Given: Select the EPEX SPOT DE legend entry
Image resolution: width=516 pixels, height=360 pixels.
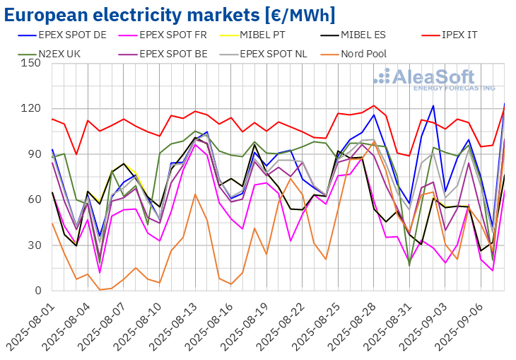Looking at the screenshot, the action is (62, 35).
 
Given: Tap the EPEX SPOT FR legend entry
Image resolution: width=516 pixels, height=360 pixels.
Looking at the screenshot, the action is (163, 35).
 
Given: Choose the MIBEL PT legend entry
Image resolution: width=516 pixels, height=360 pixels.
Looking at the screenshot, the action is (253, 35).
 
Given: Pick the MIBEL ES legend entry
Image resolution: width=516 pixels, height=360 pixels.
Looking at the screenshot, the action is (353, 35).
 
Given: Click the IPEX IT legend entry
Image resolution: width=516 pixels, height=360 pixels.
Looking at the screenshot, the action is (450, 35).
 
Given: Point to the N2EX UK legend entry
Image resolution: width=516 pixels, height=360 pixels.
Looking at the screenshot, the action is (49, 54).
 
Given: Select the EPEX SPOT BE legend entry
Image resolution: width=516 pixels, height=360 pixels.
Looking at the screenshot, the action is (163, 54).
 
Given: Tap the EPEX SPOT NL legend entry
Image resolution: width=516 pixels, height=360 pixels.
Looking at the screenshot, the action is (264, 54).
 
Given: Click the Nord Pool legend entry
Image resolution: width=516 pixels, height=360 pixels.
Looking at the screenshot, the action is (353, 54).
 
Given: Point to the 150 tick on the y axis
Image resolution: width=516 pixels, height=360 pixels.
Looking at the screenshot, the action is (31, 63).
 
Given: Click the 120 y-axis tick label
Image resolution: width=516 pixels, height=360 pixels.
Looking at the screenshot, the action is (31, 108).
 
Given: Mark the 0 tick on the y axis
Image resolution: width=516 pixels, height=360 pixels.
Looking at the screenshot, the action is (38, 291).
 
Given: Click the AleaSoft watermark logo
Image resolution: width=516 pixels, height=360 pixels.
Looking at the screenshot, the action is (435, 79).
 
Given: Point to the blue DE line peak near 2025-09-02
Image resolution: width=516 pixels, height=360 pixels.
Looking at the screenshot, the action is (433, 105).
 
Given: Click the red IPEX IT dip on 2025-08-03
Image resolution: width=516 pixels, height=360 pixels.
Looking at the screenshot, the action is (76, 154).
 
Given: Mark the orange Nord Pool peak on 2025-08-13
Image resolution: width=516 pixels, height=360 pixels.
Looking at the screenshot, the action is (195, 194).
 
